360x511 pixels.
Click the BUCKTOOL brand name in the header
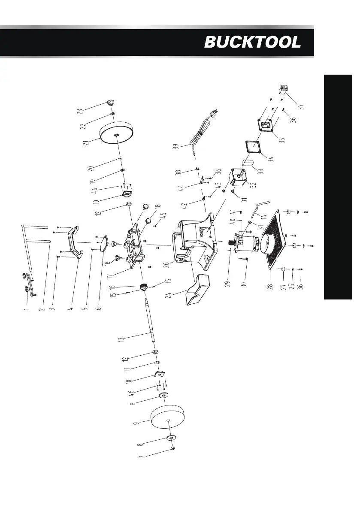252,42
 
